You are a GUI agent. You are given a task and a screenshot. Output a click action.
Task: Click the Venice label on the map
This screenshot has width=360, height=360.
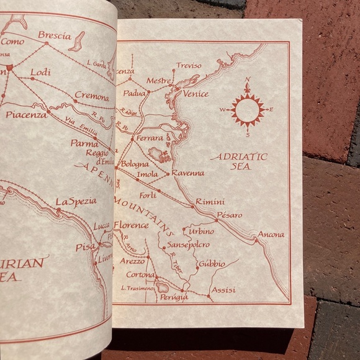196,94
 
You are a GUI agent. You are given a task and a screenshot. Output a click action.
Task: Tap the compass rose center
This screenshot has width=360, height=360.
248,110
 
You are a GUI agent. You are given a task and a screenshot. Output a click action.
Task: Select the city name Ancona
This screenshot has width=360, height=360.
271,235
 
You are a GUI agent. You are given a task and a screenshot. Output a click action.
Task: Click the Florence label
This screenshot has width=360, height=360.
131,225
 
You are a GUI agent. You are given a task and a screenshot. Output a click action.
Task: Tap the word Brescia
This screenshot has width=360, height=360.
54,35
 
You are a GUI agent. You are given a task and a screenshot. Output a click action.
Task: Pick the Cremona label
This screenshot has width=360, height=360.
91,97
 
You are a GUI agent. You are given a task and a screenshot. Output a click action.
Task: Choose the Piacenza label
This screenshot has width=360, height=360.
27,115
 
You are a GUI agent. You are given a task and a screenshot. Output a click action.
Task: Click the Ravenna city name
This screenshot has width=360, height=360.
188,173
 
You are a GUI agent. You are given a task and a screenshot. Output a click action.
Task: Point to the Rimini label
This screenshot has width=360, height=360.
210,202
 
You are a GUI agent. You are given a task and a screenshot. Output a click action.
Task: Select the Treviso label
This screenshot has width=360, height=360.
189,65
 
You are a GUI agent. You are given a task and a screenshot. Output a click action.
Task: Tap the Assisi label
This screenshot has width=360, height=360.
223,290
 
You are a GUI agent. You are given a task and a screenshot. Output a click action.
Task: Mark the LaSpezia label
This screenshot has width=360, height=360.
76,202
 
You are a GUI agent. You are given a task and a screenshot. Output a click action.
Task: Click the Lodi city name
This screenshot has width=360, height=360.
40,72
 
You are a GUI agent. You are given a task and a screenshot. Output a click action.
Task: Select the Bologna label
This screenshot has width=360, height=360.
135,164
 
